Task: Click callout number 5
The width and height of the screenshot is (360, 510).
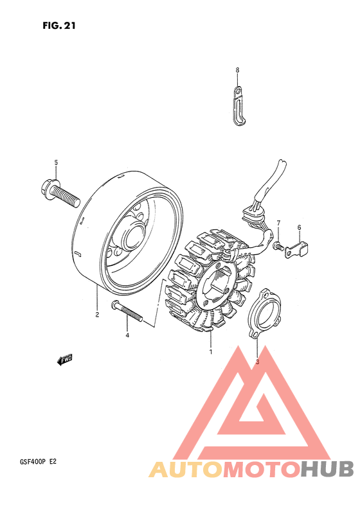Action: (x=56, y=162)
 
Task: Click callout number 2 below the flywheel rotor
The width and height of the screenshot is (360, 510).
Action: (x=97, y=315)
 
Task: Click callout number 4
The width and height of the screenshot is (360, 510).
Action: (x=127, y=335)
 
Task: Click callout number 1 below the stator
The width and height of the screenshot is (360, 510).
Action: (x=210, y=351)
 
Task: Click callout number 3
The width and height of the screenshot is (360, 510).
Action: (x=257, y=362)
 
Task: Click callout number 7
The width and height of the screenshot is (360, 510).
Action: (x=279, y=223)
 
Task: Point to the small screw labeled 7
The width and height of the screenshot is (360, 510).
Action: (x=277, y=245)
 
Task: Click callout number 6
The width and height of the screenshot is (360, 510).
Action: (x=299, y=227)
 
